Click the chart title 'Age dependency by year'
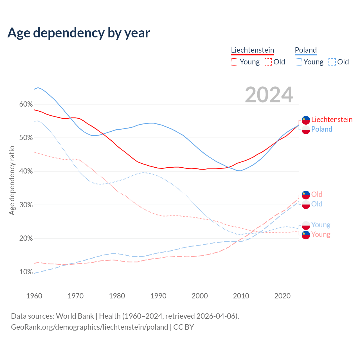click(x=79, y=33)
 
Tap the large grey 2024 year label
click(x=269, y=95)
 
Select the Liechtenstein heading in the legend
click(x=252, y=50)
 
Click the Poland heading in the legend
click(x=306, y=50)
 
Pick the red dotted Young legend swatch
click(x=235, y=62)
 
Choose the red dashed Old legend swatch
click(x=268, y=62)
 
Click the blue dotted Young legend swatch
click(x=298, y=62)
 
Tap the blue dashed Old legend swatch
click(x=332, y=62)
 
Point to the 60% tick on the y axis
click(x=26, y=104)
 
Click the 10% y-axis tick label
click(x=26, y=272)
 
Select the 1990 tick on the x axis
click(x=158, y=296)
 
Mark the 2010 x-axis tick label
click(x=241, y=296)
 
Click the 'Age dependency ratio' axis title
click(x=12, y=180)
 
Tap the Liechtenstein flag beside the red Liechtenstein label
click(x=306, y=120)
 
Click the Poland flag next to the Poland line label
click(x=306, y=130)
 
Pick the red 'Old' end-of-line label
click(x=317, y=194)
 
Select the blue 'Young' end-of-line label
click(x=321, y=225)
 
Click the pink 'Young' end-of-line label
click(x=321, y=235)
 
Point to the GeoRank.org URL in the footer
click(x=89, y=327)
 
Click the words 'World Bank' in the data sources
click(x=75, y=316)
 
